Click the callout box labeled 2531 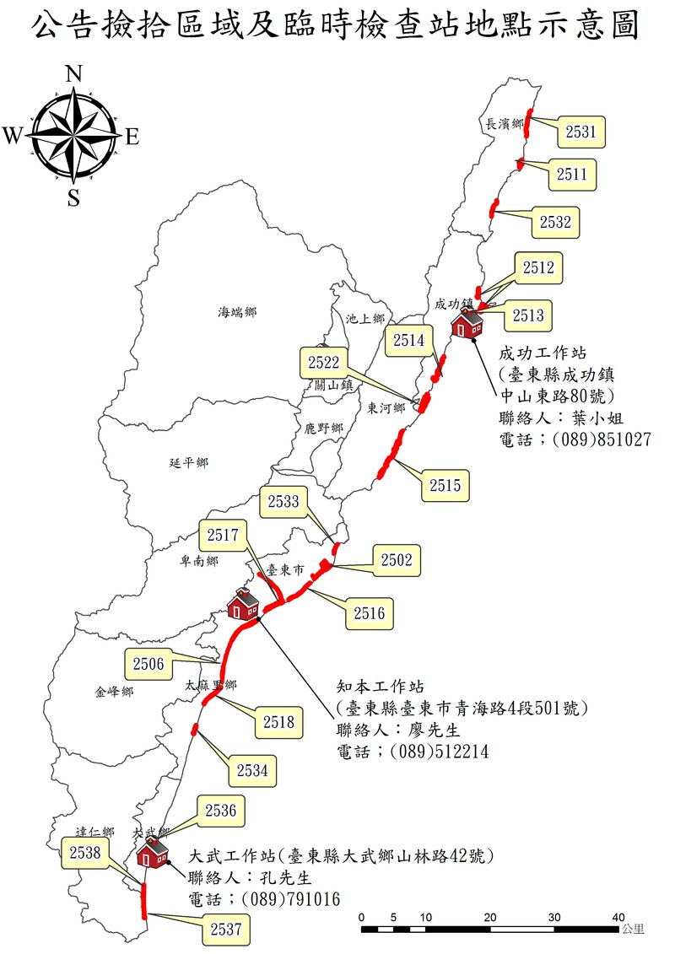point(580,132)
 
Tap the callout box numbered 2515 point(445,485)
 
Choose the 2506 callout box point(148,664)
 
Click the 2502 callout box point(396,560)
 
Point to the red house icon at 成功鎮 point(467,322)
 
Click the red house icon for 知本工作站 point(244,604)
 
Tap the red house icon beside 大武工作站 point(152,853)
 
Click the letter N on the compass point(74,74)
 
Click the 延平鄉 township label point(188,462)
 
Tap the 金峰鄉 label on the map point(114,693)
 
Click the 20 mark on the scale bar point(490,917)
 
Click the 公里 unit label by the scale point(632,930)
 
